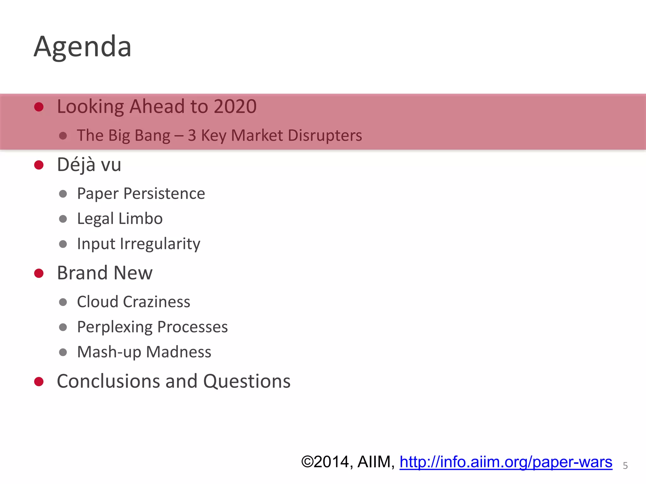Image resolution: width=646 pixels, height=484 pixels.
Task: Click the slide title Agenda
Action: [83, 47]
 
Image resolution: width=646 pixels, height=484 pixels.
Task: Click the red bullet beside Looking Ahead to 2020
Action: [39, 107]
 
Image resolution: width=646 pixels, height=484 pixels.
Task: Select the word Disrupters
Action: [325, 135]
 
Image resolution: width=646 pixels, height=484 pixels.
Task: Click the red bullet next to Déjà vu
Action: [39, 165]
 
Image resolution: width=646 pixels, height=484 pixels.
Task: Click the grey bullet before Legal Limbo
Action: [63, 219]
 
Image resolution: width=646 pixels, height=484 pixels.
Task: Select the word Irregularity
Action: [160, 244]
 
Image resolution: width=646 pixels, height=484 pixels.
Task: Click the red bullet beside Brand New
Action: [39, 273]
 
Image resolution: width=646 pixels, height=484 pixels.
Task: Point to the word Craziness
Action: [156, 302]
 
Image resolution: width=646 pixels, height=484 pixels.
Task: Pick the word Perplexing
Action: [115, 327]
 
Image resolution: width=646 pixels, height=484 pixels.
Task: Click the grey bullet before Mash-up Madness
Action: [63, 352]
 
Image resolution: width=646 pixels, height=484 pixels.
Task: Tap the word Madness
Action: [179, 352]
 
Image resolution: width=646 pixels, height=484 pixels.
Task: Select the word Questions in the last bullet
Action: [247, 381]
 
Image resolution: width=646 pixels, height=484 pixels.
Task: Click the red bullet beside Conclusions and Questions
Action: [39, 382]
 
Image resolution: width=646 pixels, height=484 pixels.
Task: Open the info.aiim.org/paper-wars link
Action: [506, 462]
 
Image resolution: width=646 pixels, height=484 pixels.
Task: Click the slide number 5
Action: [625, 466]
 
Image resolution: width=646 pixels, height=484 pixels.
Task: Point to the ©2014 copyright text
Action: [325, 462]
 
